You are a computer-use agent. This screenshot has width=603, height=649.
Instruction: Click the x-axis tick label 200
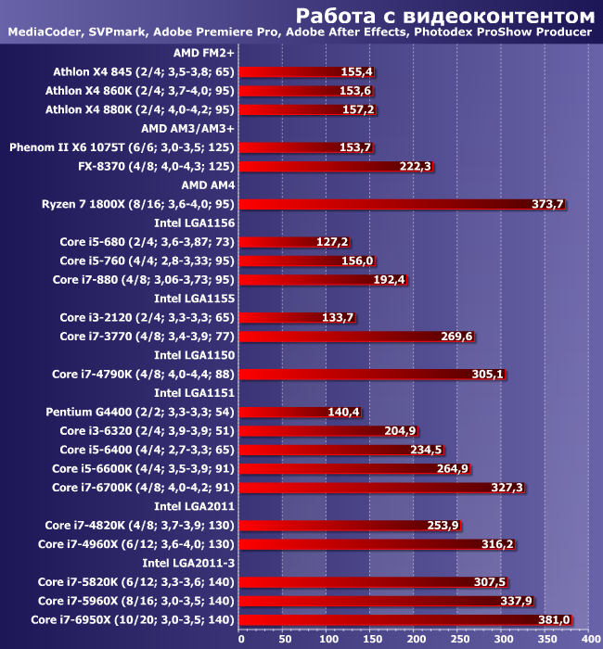coord(415,638)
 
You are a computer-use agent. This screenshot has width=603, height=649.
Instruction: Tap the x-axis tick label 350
coord(545,638)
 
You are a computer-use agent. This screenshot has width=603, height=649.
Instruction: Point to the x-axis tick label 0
coord(241,638)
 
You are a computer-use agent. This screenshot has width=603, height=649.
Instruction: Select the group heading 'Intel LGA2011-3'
coord(188,563)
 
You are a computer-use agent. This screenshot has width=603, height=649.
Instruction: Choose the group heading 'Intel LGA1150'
coord(194,355)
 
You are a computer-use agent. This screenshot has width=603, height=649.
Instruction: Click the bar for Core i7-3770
coord(358,337)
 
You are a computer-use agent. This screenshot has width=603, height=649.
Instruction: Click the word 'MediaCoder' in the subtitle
coord(43,33)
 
